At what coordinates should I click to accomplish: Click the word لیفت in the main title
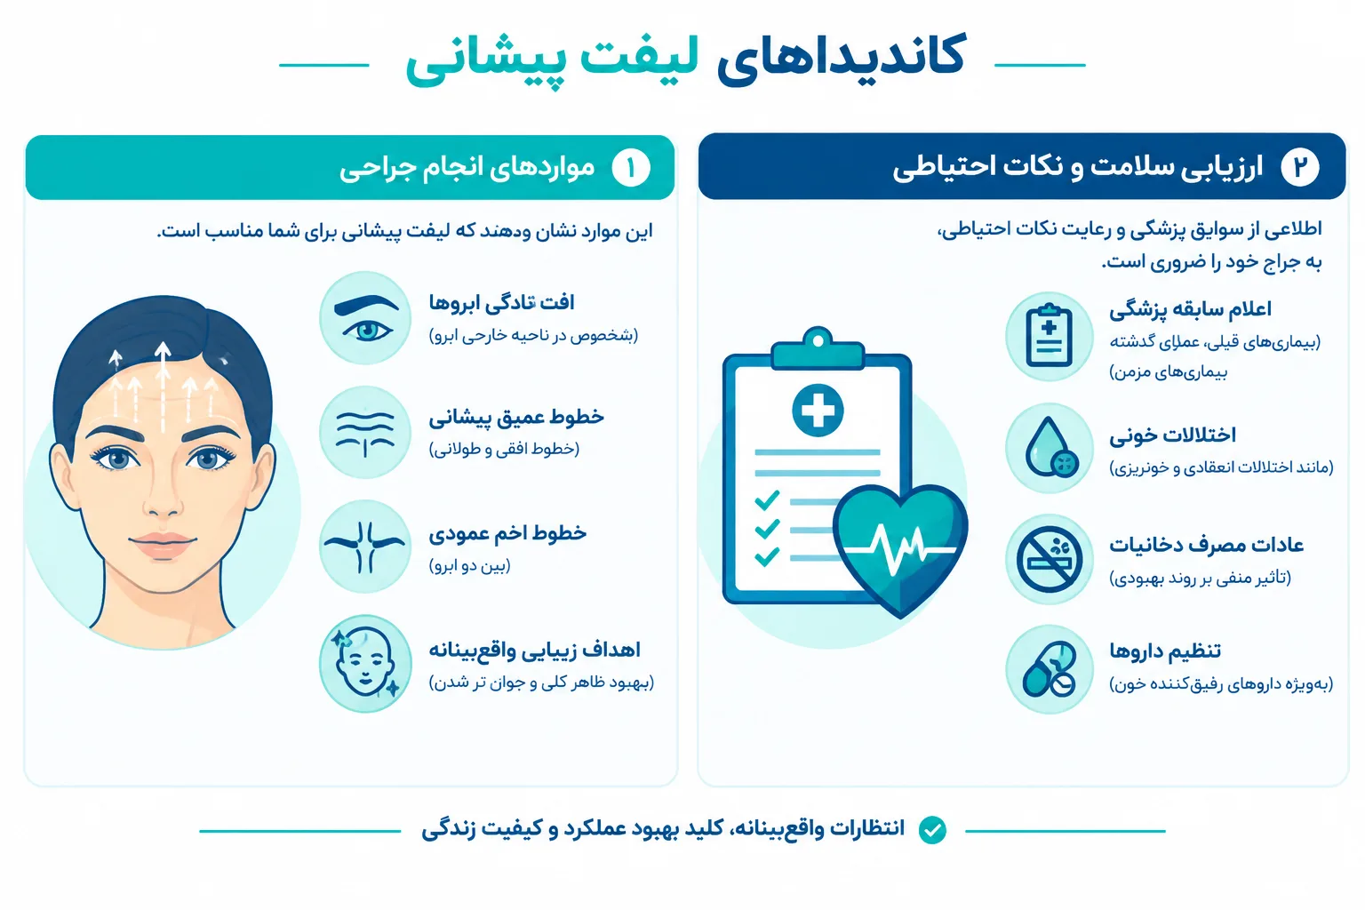click(x=638, y=61)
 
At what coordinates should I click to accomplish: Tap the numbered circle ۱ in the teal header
click(x=631, y=168)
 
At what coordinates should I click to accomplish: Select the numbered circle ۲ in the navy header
click(x=1300, y=167)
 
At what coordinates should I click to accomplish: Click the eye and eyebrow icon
click(x=365, y=317)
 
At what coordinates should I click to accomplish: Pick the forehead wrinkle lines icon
click(x=365, y=432)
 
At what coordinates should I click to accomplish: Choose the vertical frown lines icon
click(x=365, y=547)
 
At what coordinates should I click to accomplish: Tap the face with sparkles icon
click(x=365, y=663)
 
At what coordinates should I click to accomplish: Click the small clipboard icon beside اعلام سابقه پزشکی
click(x=1049, y=337)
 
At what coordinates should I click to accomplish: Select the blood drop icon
click(x=1049, y=448)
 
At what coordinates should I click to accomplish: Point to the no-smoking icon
click(x=1049, y=559)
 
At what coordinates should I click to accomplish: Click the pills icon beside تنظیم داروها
click(x=1049, y=669)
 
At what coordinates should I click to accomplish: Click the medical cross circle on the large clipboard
click(x=818, y=411)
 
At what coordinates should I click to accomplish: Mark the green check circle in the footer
click(x=932, y=829)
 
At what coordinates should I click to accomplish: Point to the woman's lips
click(x=162, y=545)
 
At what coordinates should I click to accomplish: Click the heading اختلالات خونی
click(x=1172, y=435)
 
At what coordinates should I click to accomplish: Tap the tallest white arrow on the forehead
click(x=163, y=387)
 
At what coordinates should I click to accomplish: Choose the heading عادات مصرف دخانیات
click(x=1206, y=544)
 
